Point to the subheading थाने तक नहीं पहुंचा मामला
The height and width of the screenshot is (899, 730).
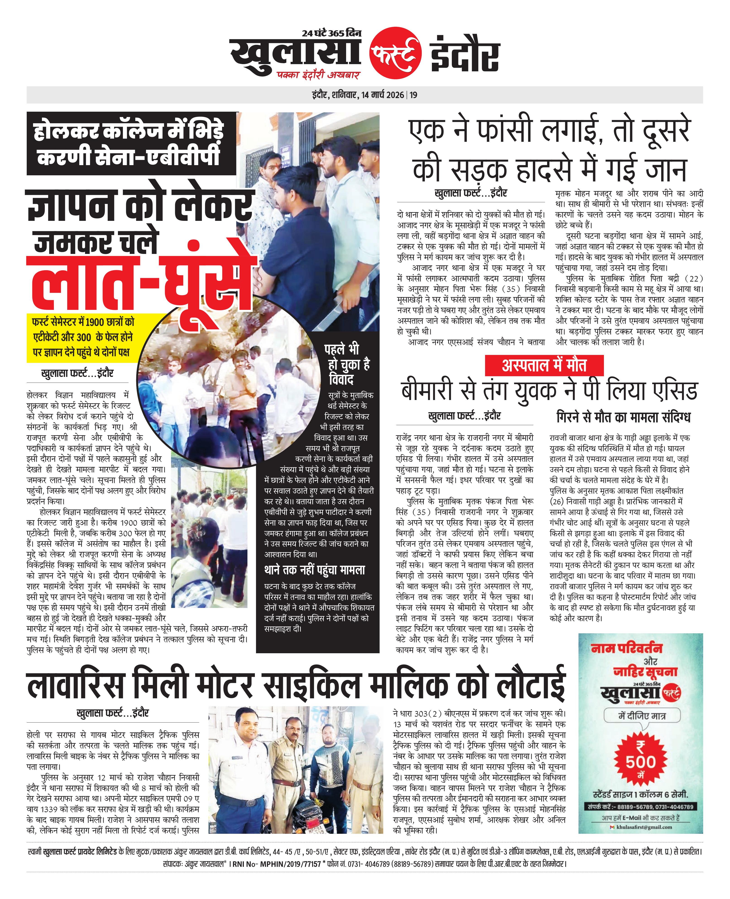point(315,570)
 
